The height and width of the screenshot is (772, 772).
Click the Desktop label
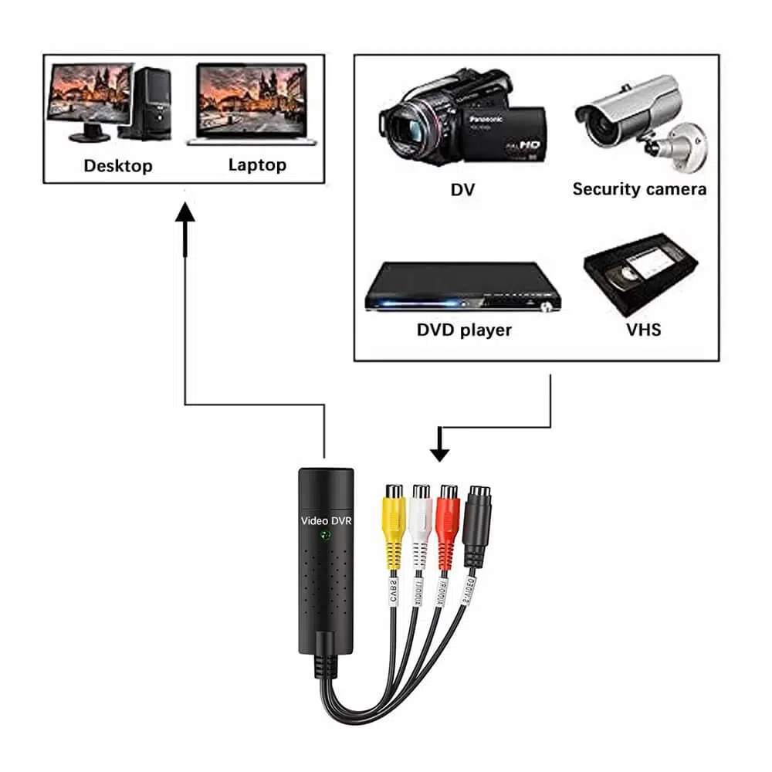pos(118,165)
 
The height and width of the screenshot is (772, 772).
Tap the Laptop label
pos(257,164)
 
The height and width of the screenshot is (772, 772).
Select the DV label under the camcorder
pos(462,190)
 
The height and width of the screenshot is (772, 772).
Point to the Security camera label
pos(639,189)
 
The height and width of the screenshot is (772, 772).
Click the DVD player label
pos(464,330)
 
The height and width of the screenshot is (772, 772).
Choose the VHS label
pos(644,330)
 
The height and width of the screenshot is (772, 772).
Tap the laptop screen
pos(252,98)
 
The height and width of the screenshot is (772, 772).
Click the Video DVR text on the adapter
pos(326,521)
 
